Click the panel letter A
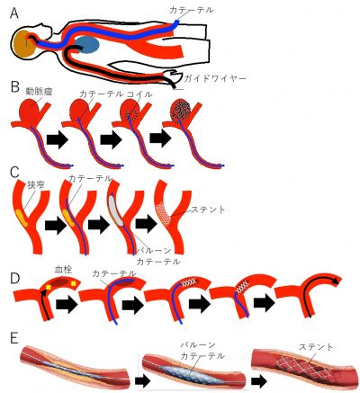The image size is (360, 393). (x=14, y=13)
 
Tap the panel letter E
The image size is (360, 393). (x=14, y=339)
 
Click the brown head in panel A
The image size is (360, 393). (x=23, y=43)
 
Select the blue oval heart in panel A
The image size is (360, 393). (x=86, y=45)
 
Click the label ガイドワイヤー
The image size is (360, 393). (x=215, y=78)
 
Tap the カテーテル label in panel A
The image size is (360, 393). (x=192, y=10)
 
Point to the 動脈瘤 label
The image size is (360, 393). (x=40, y=92)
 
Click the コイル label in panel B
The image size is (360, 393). (x=139, y=94)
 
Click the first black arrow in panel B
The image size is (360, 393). (x=58, y=140)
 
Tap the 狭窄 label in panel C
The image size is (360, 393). (x=35, y=185)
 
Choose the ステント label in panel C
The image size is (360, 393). (x=206, y=210)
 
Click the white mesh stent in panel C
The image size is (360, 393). (x=164, y=213)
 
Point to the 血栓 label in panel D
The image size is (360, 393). (x=63, y=270)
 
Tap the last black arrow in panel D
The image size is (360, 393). (x=265, y=303)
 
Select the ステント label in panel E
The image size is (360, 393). (x=316, y=347)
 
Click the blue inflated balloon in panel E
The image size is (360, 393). (x=191, y=372)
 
